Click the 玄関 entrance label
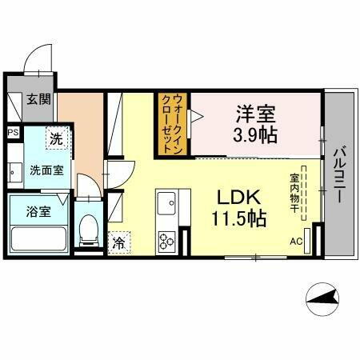click(x=36, y=100)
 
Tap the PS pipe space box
click(x=13, y=133)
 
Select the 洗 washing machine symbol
click(x=57, y=138)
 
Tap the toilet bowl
click(x=90, y=231)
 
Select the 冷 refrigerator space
click(x=118, y=240)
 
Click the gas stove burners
click(x=168, y=238)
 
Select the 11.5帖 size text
click(x=239, y=218)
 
